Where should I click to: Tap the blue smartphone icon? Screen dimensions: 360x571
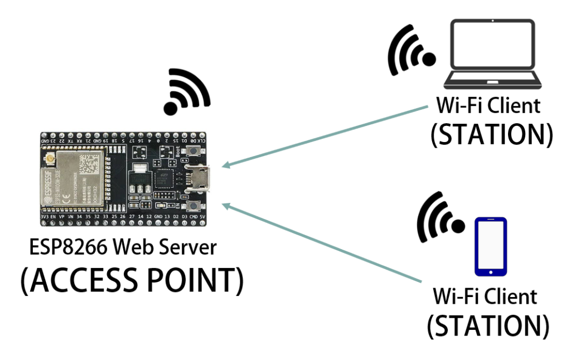pos(491,246)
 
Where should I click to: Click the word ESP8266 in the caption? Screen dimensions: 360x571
pos(67,247)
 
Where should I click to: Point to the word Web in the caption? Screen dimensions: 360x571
pos(134,247)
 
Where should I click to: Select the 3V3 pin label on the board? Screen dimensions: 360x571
pos(45,216)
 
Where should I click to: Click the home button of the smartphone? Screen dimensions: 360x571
pos(491,272)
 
